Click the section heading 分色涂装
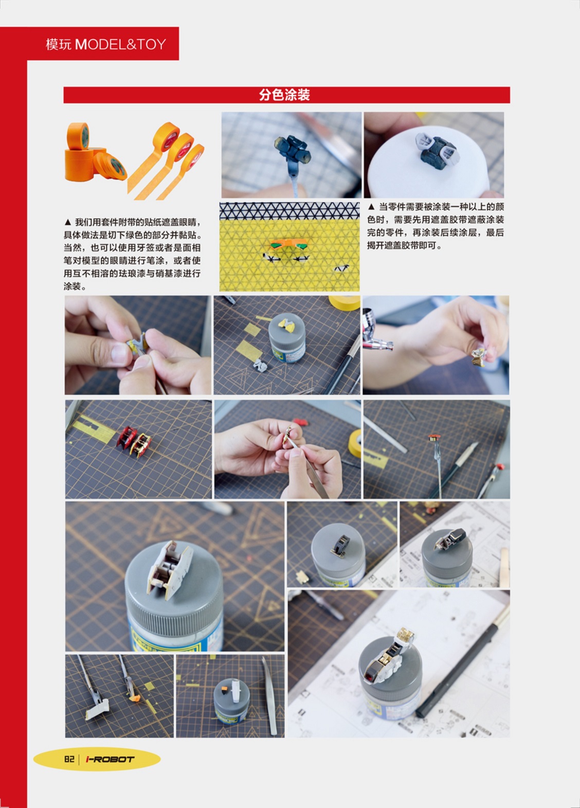click(284, 95)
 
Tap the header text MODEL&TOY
click(120, 44)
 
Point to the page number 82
click(69, 759)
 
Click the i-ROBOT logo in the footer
click(110, 759)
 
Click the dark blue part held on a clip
click(292, 150)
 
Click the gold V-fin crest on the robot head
click(406, 635)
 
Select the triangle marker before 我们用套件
click(67, 222)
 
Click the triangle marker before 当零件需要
click(371, 207)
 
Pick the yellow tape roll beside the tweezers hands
click(355, 444)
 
